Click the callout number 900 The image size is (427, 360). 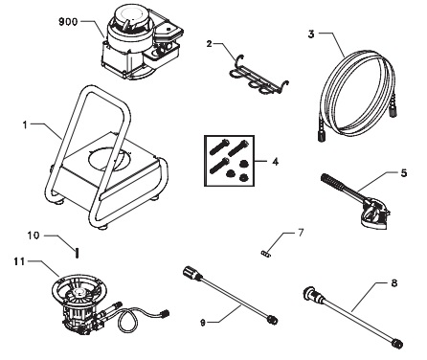click(70, 20)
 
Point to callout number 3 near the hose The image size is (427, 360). click(312, 33)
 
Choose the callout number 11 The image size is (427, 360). click(18, 259)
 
